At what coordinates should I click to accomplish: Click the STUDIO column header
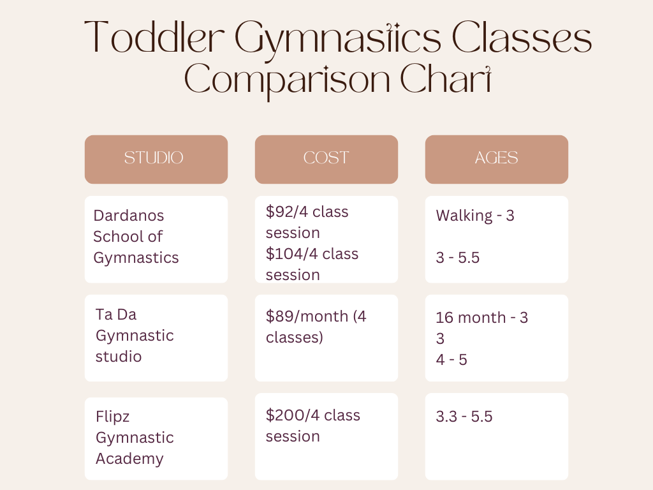154,158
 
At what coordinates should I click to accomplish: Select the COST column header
326,158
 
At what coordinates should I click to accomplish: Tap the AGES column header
496,158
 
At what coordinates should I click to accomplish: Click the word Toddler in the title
154,38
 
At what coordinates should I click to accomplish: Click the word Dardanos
129,216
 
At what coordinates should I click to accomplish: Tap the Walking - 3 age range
475,216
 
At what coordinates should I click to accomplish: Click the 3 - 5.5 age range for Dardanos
458,258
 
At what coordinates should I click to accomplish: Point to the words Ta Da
116,315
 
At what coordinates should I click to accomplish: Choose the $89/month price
307,316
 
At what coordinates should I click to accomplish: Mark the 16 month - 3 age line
482,318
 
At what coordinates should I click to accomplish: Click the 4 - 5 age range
451,360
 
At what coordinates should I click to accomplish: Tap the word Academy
129,459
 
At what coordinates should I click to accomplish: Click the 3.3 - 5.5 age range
464,417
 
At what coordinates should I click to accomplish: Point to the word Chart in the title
446,78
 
